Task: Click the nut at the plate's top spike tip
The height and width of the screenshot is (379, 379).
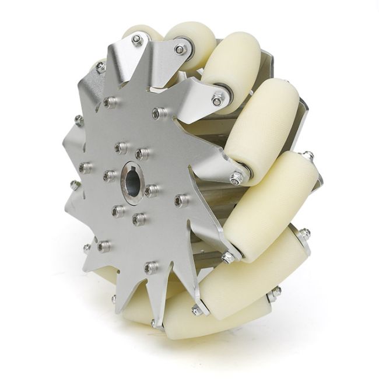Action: click(137, 40)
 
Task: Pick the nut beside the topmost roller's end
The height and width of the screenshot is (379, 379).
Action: click(182, 50)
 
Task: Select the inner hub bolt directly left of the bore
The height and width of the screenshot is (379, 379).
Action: click(109, 176)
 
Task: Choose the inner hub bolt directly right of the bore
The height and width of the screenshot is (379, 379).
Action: click(151, 190)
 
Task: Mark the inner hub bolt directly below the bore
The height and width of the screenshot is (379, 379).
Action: click(138, 219)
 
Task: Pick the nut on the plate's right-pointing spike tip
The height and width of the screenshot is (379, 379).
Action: click(237, 178)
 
